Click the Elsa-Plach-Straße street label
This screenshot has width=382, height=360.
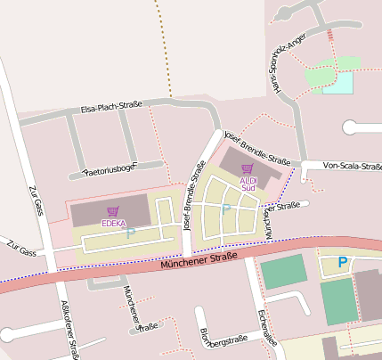(112, 107)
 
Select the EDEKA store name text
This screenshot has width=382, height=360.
(113, 223)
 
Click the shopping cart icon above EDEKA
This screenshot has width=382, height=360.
(113, 211)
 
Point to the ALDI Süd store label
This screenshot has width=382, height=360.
(248, 184)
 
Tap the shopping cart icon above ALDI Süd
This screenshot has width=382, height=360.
(248, 168)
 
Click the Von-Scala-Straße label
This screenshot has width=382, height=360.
(352, 165)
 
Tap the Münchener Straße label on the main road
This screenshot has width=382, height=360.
(199, 260)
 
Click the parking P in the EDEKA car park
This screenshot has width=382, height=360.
(131, 233)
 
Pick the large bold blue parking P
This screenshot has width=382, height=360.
(343, 263)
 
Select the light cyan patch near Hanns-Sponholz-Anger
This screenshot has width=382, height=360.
(337, 83)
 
